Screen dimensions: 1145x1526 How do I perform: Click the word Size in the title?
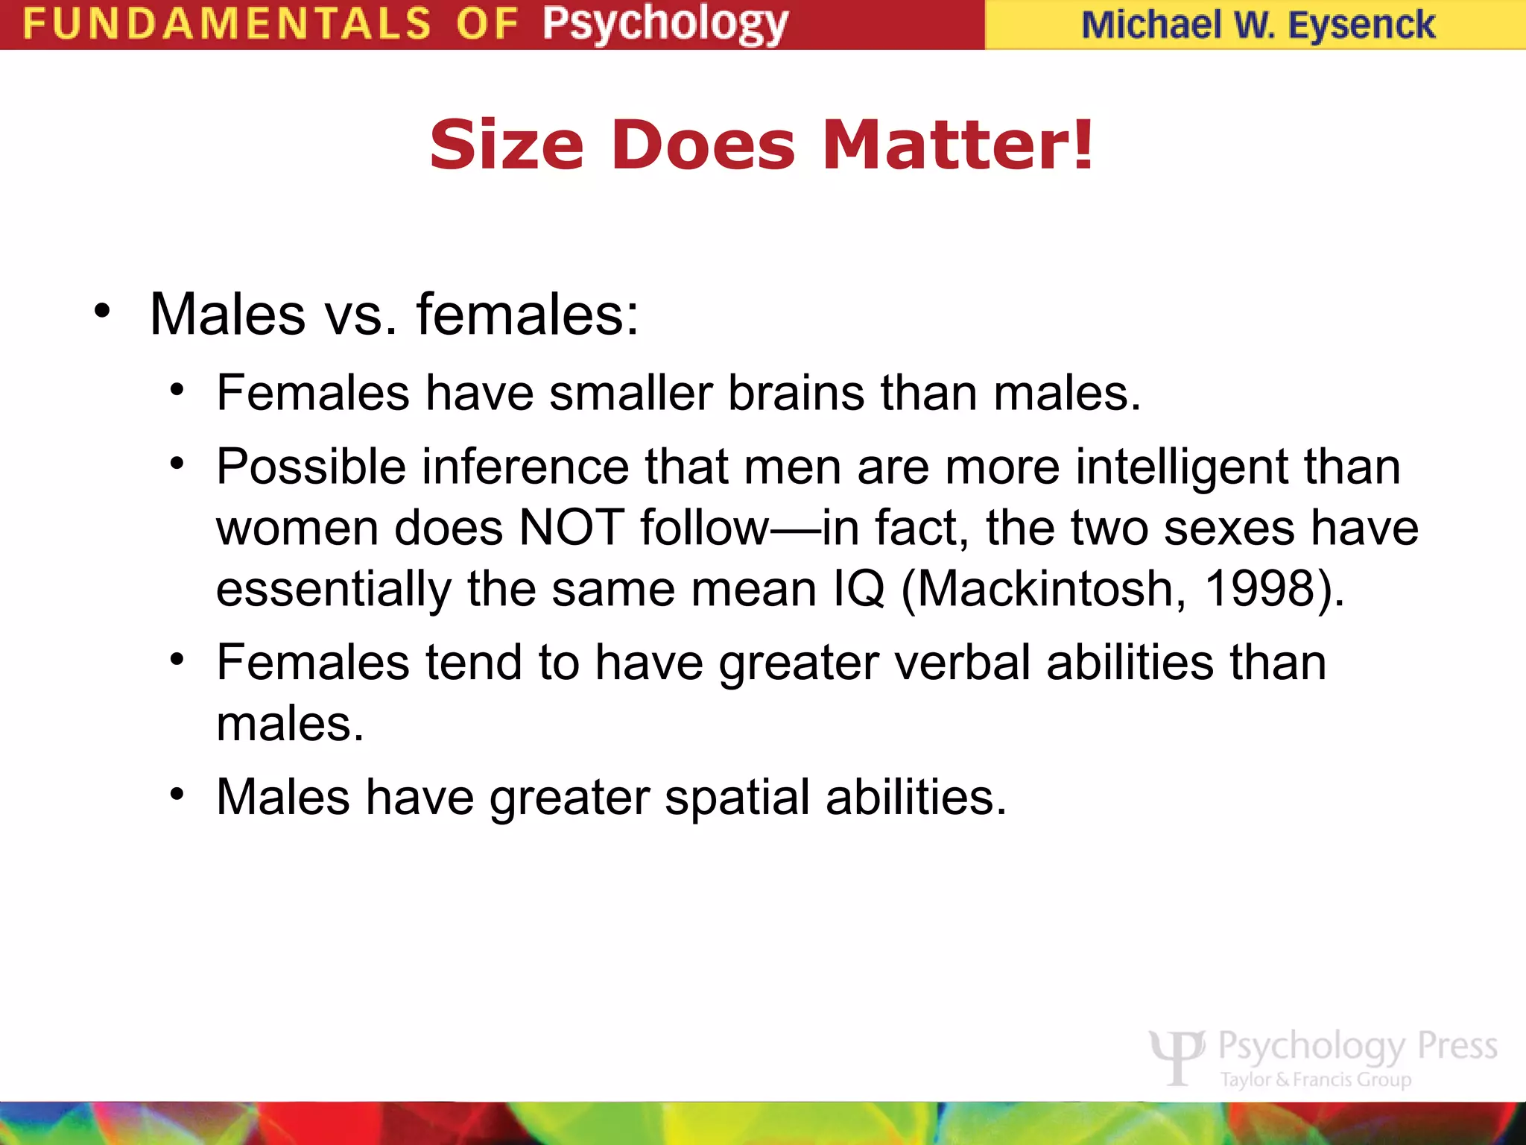[x=507, y=145]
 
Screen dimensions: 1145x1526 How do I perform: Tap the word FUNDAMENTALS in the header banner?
[x=227, y=24]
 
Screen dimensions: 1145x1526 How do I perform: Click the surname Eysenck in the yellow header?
[x=1361, y=25]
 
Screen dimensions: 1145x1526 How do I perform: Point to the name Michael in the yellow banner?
[x=1150, y=25]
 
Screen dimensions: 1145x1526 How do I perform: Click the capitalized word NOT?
[x=571, y=528]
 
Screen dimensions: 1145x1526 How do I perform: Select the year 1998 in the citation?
[x=1259, y=589]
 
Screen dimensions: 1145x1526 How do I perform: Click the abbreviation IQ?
[x=859, y=589]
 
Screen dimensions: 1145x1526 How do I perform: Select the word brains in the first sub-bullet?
[x=796, y=393]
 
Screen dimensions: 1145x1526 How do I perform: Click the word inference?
[x=526, y=467]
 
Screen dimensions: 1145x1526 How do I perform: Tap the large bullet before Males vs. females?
[x=102, y=311]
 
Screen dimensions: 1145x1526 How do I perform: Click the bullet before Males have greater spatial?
[x=177, y=794]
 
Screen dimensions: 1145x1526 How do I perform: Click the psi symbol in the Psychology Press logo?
[x=1177, y=1056]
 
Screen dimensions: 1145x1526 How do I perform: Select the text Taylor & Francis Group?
[x=1316, y=1079]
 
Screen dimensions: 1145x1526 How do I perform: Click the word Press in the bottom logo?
[x=1457, y=1045]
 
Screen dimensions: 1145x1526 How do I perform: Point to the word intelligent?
[x=1182, y=467]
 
